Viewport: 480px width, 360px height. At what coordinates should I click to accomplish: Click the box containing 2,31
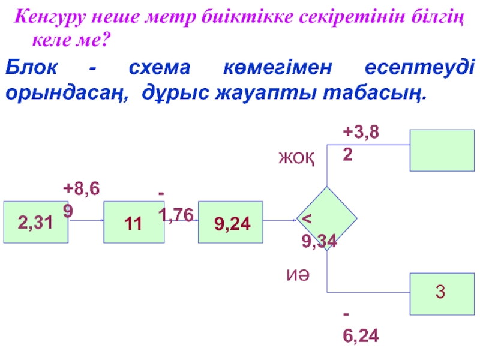click(x=36, y=222)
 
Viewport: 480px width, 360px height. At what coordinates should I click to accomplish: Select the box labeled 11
click(x=134, y=222)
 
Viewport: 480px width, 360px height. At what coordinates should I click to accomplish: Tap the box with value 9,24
click(x=230, y=222)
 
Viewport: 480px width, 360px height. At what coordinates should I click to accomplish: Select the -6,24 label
click(x=360, y=327)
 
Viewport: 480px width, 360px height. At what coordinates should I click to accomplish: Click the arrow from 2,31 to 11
click(x=86, y=221)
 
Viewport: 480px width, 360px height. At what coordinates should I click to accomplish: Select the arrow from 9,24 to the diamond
click(x=279, y=221)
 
